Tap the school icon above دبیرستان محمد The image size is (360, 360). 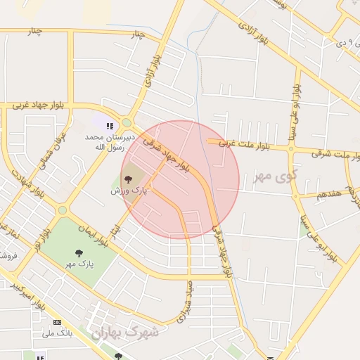click(109, 126)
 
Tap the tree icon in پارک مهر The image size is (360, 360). click(78, 252)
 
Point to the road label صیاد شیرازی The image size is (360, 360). click(184, 302)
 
